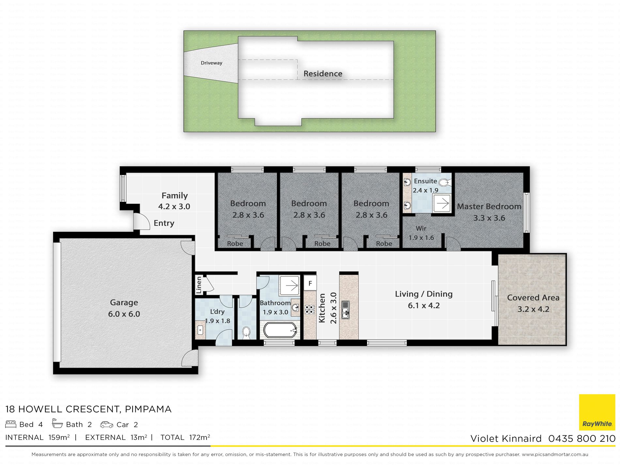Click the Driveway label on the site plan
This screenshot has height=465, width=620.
211,63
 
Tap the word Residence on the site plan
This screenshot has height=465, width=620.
323,74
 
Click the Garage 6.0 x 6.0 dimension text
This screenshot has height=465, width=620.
124,314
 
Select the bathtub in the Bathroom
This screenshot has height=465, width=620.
280,330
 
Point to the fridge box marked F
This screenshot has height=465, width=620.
310,283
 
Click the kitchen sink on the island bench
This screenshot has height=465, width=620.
345,310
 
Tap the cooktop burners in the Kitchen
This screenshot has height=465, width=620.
310,310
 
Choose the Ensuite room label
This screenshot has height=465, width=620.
425,181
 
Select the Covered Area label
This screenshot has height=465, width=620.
533,298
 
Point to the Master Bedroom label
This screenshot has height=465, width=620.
489,207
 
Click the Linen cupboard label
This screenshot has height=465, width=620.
199,285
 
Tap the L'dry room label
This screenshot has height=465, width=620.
217,312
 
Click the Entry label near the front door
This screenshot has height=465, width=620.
164,223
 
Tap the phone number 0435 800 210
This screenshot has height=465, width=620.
582,439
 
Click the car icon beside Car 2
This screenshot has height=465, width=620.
107,425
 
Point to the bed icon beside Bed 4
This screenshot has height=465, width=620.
11,424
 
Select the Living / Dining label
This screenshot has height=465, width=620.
424,294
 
